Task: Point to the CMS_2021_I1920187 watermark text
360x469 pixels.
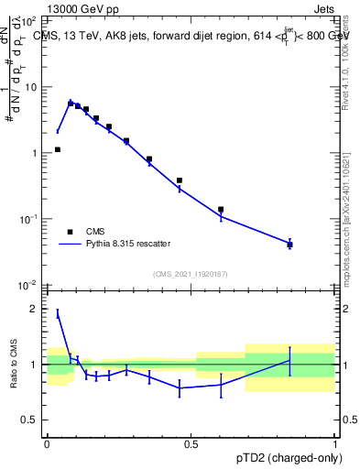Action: (x=190, y=274)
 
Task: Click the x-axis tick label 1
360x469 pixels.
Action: (x=335, y=443)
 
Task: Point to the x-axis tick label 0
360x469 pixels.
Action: (x=47, y=443)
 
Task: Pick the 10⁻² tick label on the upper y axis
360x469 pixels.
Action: (x=31, y=285)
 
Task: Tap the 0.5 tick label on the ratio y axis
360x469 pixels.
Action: (x=31, y=420)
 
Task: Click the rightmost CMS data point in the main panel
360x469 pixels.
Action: (x=289, y=244)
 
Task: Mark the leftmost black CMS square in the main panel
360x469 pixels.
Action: (x=58, y=149)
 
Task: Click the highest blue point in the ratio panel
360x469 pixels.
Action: (x=58, y=313)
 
